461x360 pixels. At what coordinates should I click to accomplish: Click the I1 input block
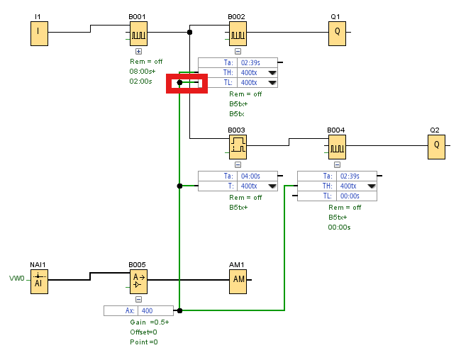(x=38, y=32)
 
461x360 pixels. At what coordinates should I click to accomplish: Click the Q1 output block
(x=337, y=32)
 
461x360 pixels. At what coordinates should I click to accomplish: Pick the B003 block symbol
(x=237, y=146)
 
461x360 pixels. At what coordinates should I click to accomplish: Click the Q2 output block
(x=436, y=146)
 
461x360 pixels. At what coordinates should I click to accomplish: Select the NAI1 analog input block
(x=38, y=280)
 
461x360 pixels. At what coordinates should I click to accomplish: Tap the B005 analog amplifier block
(x=138, y=280)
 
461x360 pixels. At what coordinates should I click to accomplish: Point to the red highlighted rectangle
(x=187, y=83)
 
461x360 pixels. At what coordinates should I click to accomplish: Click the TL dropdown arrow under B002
(x=272, y=83)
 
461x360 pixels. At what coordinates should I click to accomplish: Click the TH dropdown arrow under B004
(x=372, y=186)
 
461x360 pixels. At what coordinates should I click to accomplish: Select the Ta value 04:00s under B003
(x=252, y=176)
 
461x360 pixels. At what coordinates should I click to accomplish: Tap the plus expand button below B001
(x=138, y=52)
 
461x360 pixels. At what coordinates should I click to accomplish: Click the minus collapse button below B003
(x=237, y=165)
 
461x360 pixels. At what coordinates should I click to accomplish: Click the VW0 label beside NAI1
(x=17, y=278)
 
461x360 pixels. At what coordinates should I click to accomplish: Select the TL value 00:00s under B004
(x=350, y=196)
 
